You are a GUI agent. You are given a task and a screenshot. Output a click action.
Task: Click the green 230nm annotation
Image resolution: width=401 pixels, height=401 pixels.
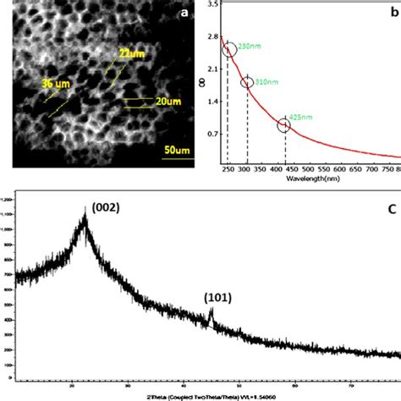(x=250, y=45)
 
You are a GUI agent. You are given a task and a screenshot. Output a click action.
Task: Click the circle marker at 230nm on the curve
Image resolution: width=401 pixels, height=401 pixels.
(x=228, y=50)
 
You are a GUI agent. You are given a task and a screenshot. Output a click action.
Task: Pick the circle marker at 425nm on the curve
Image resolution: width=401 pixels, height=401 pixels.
(x=284, y=126)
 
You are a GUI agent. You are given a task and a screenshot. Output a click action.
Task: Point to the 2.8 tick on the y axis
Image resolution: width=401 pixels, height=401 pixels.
(x=212, y=36)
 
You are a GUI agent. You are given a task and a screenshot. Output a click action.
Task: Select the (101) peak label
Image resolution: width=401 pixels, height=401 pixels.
(x=216, y=297)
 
